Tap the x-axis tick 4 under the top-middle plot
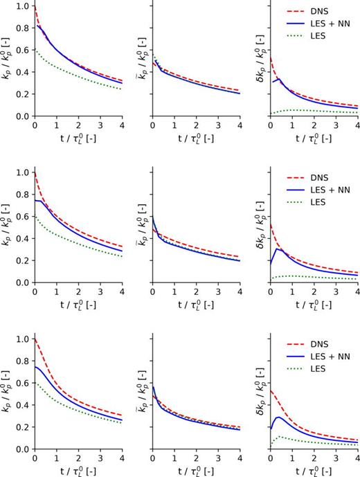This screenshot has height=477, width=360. [x=240, y=125]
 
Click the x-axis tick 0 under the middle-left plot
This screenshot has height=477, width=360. [x=35, y=291]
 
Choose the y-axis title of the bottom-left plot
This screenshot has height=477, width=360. [x=8, y=393]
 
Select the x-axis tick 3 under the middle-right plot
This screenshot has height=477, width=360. [x=336, y=291]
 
